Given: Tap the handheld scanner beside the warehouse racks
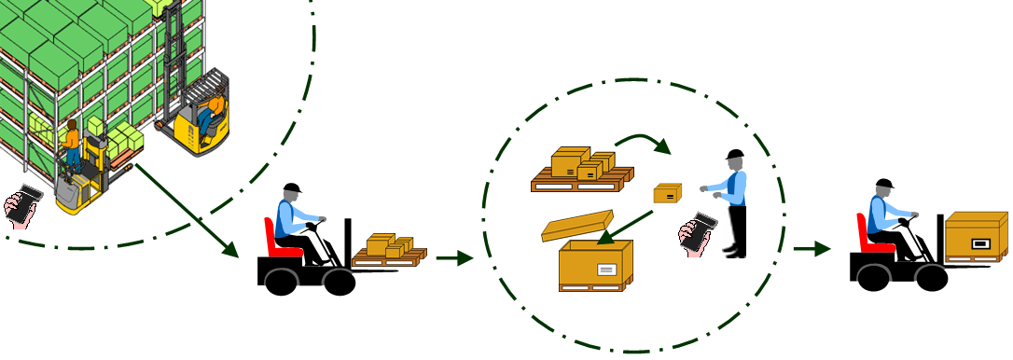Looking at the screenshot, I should [22, 204].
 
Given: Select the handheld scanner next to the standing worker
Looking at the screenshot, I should [698, 231].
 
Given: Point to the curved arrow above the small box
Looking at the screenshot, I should [644, 142].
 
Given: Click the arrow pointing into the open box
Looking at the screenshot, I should [625, 227].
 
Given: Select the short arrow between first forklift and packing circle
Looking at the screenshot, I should [453, 258].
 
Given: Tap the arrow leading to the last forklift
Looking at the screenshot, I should [812, 249].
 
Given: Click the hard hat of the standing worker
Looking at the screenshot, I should [734, 154].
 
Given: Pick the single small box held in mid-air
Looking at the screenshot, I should [667, 193].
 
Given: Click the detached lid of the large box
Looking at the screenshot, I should [577, 226].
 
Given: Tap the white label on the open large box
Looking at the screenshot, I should [606, 270].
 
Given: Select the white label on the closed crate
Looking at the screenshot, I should [980, 243].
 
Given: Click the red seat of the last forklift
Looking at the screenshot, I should [866, 234].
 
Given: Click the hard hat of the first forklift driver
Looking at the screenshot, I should [292, 188].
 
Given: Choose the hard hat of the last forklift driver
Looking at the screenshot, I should [884, 184].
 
